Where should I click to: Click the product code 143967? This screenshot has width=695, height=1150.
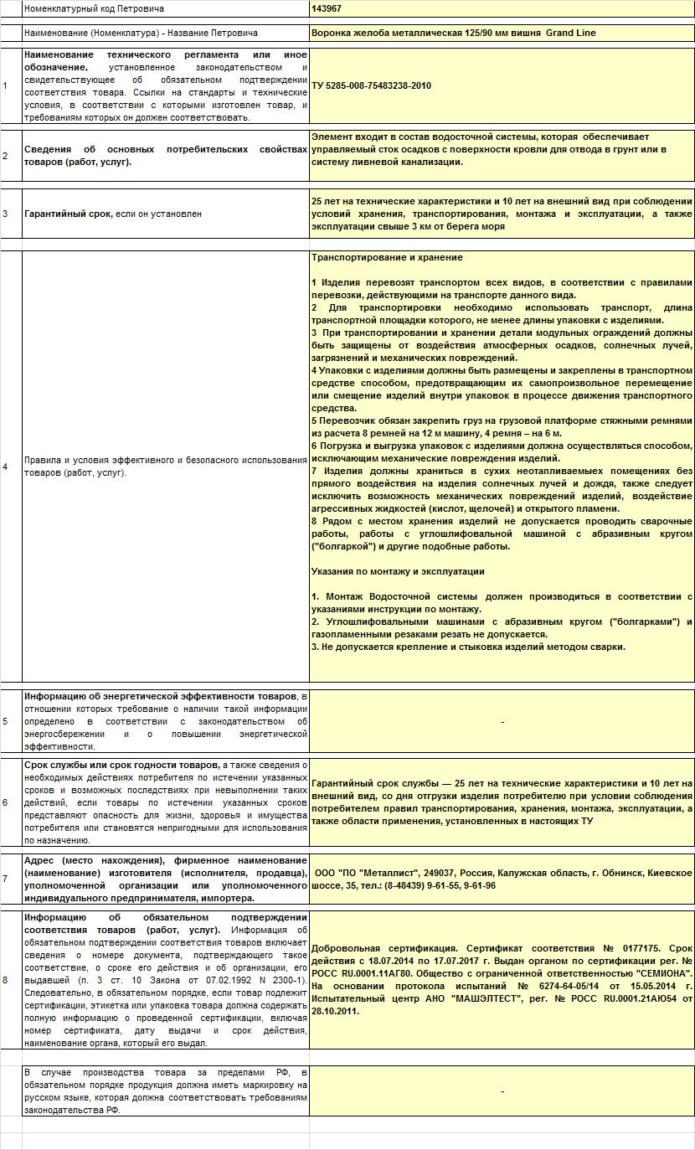coord(326,8)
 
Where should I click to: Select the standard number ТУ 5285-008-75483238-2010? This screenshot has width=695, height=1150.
coord(371,85)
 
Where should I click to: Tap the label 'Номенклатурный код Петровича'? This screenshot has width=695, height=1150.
coord(94,8)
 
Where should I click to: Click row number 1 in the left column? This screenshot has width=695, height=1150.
coord(5,85)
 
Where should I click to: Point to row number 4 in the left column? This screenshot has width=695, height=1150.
coord(5,467)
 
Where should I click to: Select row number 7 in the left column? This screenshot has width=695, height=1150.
coord(5,879)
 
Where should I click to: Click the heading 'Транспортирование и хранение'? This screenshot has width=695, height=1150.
coord(386,257)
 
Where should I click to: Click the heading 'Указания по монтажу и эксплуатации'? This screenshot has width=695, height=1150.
coord(397,571)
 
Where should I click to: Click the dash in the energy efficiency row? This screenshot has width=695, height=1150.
coord(502,721)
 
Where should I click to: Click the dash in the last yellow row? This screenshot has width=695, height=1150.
coord(502,1091)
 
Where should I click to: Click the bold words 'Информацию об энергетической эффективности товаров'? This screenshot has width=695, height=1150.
coord(161,696)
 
